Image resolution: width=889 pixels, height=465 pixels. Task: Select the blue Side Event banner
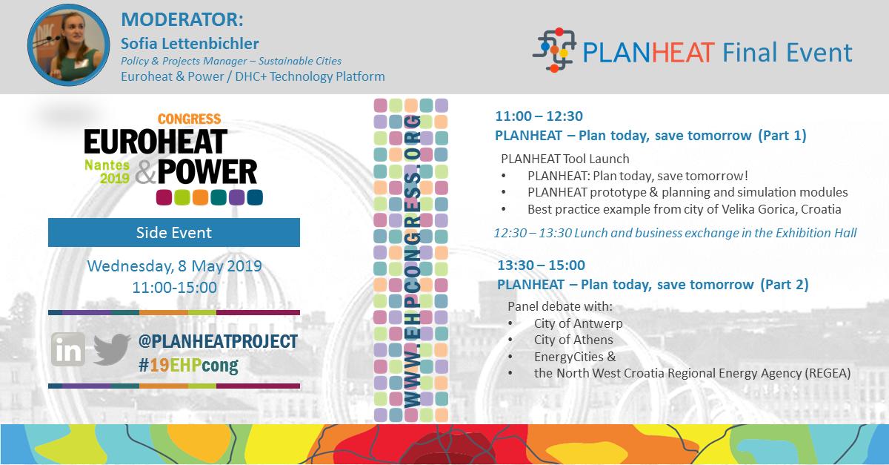174,232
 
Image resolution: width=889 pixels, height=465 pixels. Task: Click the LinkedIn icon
68,349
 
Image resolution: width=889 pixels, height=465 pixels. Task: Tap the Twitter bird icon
112,349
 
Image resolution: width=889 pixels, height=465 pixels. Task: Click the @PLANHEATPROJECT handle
218,341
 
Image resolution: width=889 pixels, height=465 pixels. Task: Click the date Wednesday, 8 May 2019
174,266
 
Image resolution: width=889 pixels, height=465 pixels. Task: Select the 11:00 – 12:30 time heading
539,116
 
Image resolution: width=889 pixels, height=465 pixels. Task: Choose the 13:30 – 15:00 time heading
541,265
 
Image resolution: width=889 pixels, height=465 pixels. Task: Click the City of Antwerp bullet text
578,323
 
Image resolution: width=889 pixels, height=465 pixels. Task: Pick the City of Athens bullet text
573,340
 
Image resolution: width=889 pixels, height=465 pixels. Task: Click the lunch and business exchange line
675,233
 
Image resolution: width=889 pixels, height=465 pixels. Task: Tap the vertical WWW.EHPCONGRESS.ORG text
411,260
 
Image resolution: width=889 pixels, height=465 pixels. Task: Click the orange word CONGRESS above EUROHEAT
190,119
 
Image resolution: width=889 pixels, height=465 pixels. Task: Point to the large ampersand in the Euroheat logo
146,171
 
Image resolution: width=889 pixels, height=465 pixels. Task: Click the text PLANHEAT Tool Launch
565,159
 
